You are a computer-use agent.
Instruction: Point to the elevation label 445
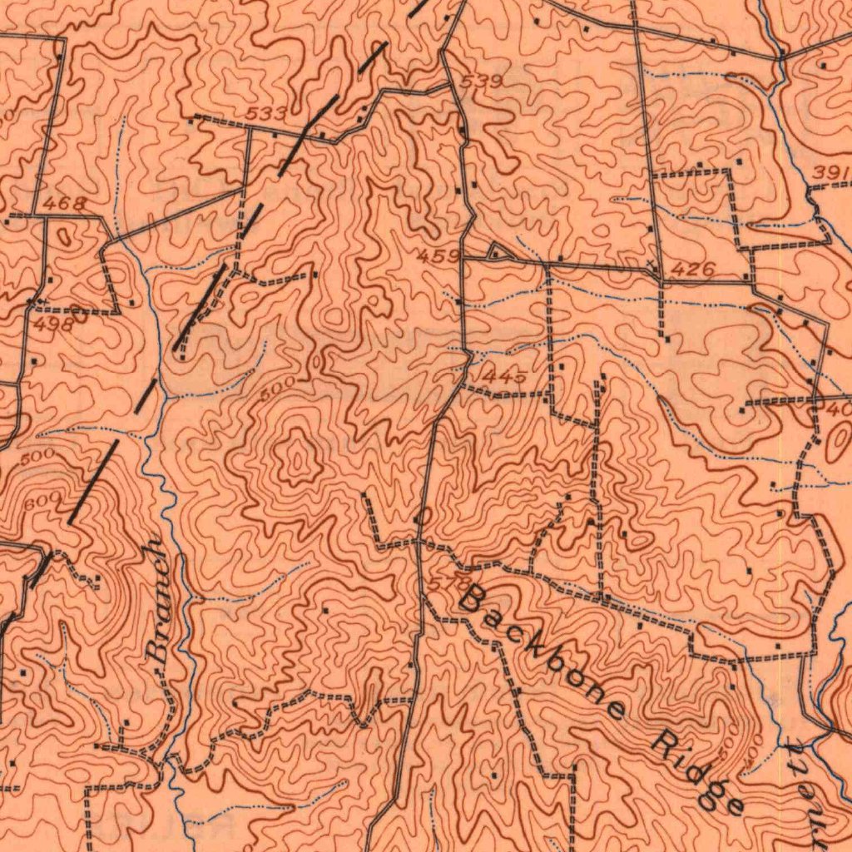pyautogui.click(x=503, y=377)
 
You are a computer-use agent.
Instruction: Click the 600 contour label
pyautogui.click(x=43, y=499)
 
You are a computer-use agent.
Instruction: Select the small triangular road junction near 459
pyautogui.click(x=497, y=252)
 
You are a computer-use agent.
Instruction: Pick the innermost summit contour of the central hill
pyautogui.click(x=296, y=458)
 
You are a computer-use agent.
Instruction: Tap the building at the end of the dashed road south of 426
pyautogui.click(x=666, y=338)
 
